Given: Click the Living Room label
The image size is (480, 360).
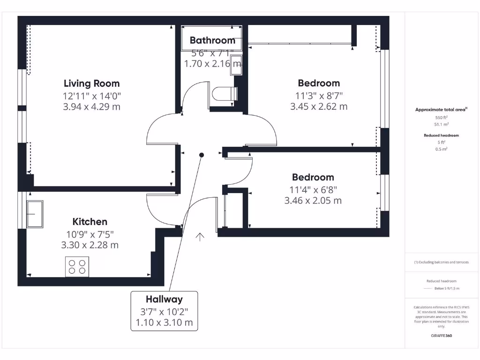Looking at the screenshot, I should (x=92, y=83).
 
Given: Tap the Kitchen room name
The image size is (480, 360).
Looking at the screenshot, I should (x=90, y=222).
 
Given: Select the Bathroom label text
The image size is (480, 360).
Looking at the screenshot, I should (x=212, y=40).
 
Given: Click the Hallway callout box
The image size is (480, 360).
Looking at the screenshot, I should (x=164, y=311).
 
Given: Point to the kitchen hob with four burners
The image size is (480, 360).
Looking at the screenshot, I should (x=77, y=266).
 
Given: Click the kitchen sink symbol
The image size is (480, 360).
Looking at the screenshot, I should (x=35, y=214).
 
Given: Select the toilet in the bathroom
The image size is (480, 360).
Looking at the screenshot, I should (x=224, y=94).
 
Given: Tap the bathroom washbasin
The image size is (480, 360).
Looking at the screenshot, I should (x=236, y=65).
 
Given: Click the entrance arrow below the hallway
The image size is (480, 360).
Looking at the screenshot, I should (x=200, y=237).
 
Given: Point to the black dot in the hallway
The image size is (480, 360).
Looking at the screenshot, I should (x=202, y=155).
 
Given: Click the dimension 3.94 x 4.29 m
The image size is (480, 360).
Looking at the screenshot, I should (x=92, y=106).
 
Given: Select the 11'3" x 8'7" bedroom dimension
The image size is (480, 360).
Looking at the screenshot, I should (x=319, y=95).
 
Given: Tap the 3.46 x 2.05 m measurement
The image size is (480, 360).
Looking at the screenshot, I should (x=313, y=201).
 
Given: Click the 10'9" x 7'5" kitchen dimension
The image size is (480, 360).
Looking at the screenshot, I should (x=90, y=233).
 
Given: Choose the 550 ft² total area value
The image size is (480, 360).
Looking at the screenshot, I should (x=441, y=118).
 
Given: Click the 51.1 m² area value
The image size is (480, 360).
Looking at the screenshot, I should (x=441, y=125).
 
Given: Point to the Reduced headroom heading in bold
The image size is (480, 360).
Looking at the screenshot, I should (x=441, y=135).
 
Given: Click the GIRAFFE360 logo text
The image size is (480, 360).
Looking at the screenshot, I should (x=441, y=336).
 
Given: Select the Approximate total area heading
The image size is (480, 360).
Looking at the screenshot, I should (x=441, y=110).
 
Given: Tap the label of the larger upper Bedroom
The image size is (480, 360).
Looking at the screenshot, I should (x=319, y=83).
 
